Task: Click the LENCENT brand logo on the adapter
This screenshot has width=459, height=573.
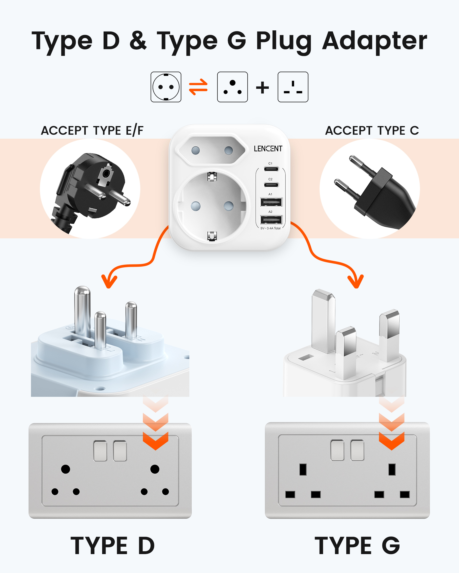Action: tap(268, 148)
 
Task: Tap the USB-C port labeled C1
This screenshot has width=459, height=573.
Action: tap(271, 169)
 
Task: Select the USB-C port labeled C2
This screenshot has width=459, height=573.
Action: tap(271, 185)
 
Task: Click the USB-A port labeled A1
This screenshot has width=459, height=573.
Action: tap(271, 202)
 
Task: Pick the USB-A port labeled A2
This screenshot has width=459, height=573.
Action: tap(271, 220)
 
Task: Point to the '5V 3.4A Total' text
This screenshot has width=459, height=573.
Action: tap(271, 228)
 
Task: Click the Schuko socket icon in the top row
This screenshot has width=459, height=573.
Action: tap(166, 87)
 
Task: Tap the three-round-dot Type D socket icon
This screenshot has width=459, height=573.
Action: tap(232, 87)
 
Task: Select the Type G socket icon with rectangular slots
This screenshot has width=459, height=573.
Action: tap(293, 87)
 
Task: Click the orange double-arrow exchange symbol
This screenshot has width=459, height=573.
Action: tap(198, 87)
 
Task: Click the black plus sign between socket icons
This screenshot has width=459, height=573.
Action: tap(262, 87)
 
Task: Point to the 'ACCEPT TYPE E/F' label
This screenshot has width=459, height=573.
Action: tap(92, 131)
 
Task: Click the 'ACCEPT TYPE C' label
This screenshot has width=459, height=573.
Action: tap(372, 131)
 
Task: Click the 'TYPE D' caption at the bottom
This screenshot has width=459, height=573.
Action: tap(112, 545)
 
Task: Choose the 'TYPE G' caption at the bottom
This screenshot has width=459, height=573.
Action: tap(357, 545)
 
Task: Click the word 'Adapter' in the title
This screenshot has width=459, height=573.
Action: tap(375, 41)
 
